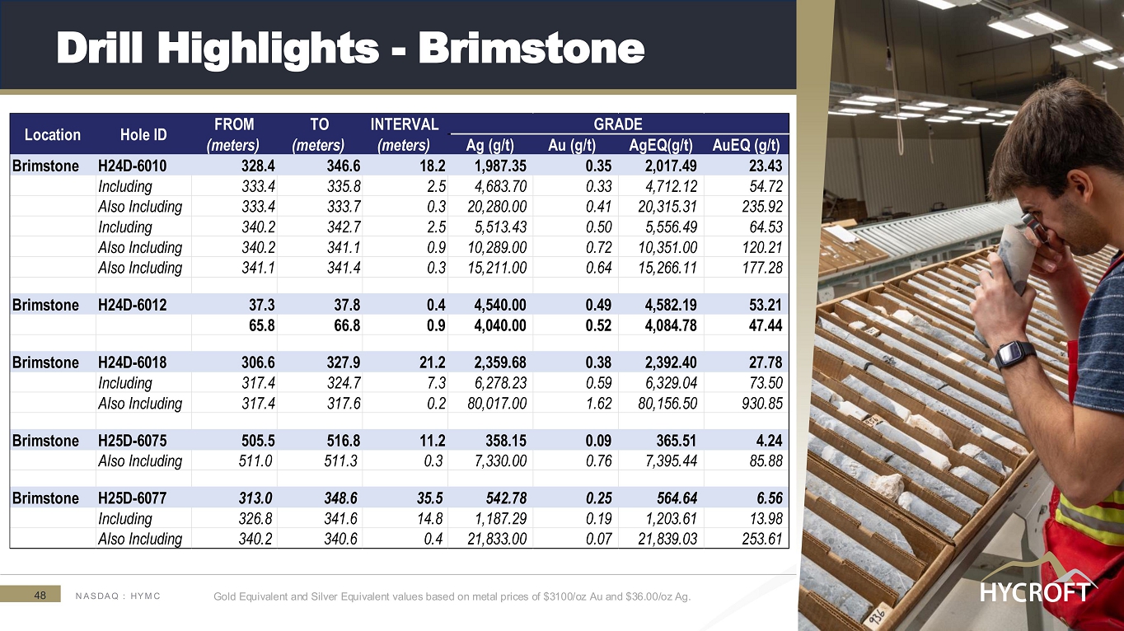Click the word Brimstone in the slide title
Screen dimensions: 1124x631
(532, 49)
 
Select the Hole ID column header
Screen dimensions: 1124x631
(143, 134)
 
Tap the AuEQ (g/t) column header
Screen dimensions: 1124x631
(746, 146)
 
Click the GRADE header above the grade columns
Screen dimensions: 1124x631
(618, 124)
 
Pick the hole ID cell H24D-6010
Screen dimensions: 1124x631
(132, 166)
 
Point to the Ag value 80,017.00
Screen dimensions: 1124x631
(497, 404)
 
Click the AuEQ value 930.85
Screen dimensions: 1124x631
(762, 404)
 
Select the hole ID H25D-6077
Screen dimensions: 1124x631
(132, 498)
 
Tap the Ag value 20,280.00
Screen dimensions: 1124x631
(497, 207)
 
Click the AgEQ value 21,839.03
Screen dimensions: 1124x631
(667, 539)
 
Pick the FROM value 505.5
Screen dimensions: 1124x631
(258, 441)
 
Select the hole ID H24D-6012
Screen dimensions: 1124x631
(132, 305)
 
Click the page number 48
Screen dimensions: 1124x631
(40, 596)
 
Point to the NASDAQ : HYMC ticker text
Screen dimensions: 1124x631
(118, 596)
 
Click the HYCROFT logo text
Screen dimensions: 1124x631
(1035, 592)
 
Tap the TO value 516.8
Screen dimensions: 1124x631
(344, 441)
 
